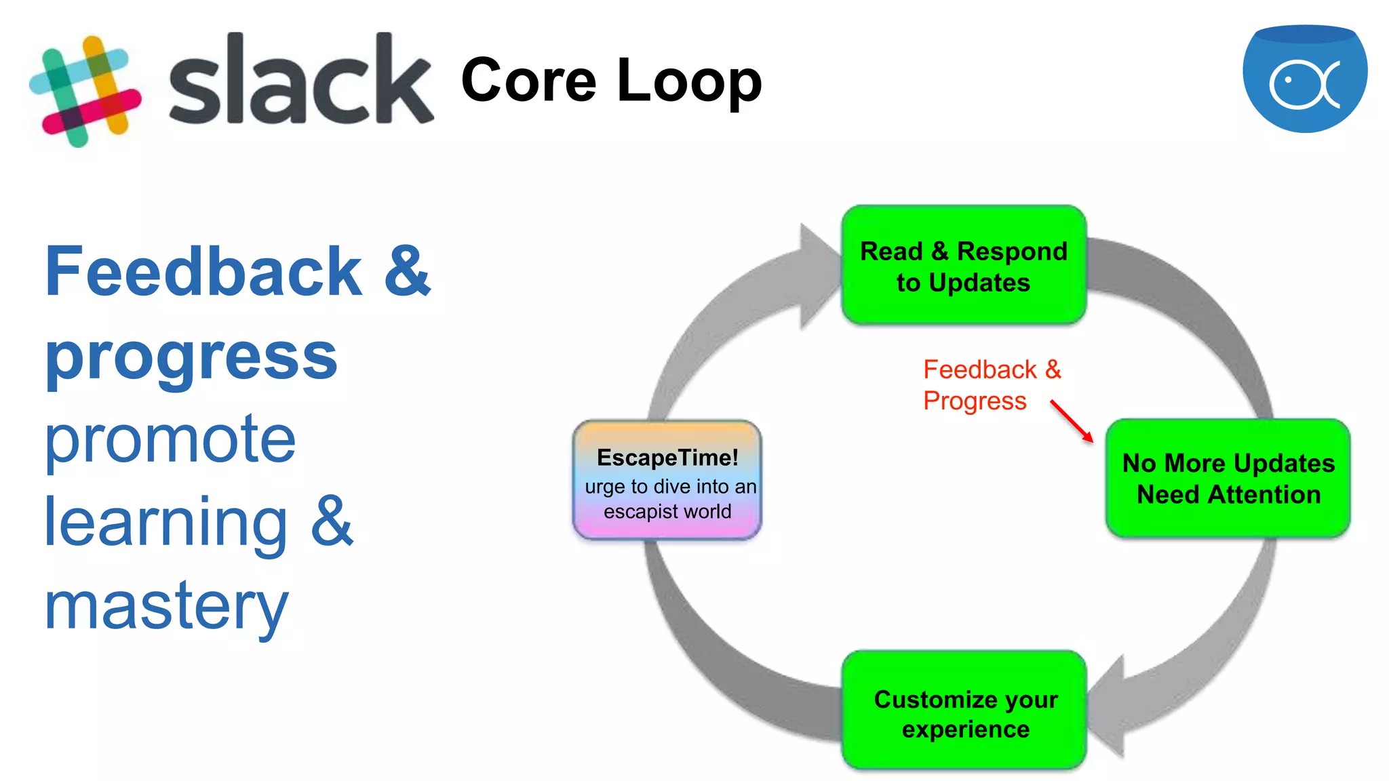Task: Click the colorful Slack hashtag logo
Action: [85, 91]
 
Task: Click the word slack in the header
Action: [300, 81]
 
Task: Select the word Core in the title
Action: [528, 81]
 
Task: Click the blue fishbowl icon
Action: [1304, 79]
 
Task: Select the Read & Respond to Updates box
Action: [963, 266]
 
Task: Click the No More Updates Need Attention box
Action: [1228, 479]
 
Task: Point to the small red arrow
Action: [1072, 421]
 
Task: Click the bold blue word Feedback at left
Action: [203, 273]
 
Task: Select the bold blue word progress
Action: [191, 358]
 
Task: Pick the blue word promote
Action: [170, 441]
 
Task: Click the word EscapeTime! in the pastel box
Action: [667, 458]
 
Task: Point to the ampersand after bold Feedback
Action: [407, 273]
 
